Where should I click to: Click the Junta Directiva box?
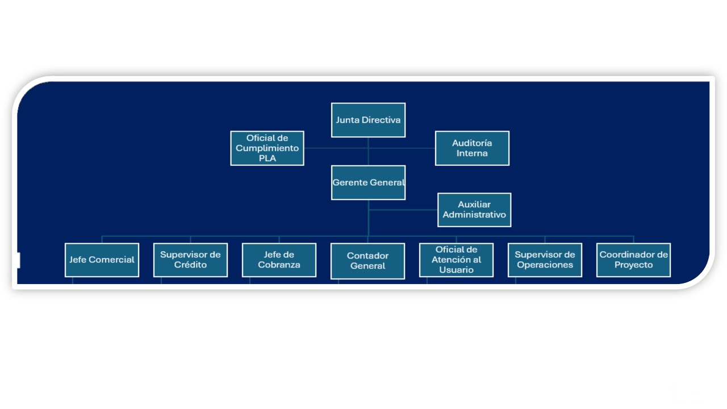click(x=368, y=120)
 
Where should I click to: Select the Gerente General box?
click(x=368, y=183)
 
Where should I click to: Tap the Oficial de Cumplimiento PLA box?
click(x=267, y=148)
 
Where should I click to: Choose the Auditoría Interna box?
click(x=472, y=148)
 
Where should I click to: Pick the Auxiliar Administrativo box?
click(x=474, y=210)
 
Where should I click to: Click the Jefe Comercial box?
click(x=102, y=260)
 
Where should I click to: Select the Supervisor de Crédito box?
click(x=190, y=260)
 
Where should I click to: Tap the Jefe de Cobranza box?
click(x=279, y=260)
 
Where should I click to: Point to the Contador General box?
click(x=367, y=261)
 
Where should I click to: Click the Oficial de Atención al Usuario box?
click(x=456, y=260)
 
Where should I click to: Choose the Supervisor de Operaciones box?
click(x=545, y=260)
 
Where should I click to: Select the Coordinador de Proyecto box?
click(x=633, y=260)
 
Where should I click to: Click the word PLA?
click(x=267, y=158)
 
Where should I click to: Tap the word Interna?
click(x=472, y=153)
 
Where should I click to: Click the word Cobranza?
click(x=279, y=265)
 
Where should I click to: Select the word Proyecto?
click(x=633, y=265)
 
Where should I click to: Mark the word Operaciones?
click(x=545, y=265)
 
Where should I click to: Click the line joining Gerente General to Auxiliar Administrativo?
click(x=403, y=210)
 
